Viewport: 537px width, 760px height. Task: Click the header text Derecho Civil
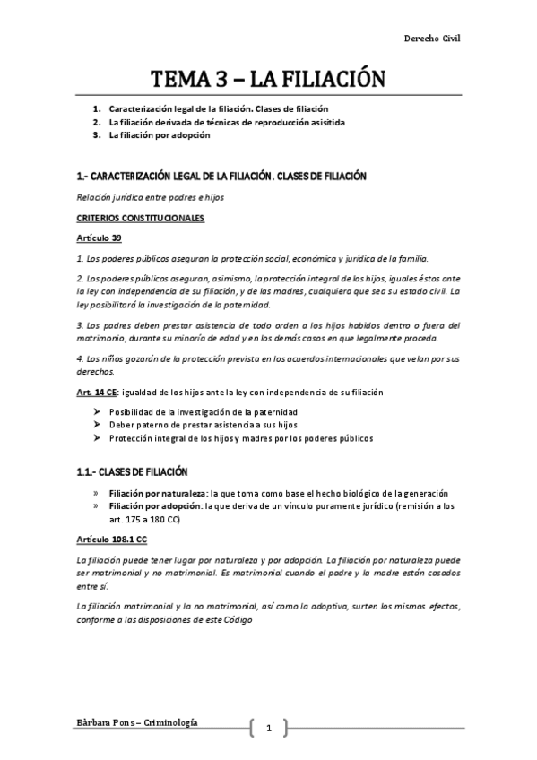click(432, 39)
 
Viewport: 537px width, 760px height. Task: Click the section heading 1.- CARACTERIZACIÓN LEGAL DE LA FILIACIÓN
click(221, 177)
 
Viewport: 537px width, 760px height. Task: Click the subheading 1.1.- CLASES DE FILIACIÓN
click(132, 471)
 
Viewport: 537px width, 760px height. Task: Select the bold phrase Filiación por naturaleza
click(157, 494)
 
